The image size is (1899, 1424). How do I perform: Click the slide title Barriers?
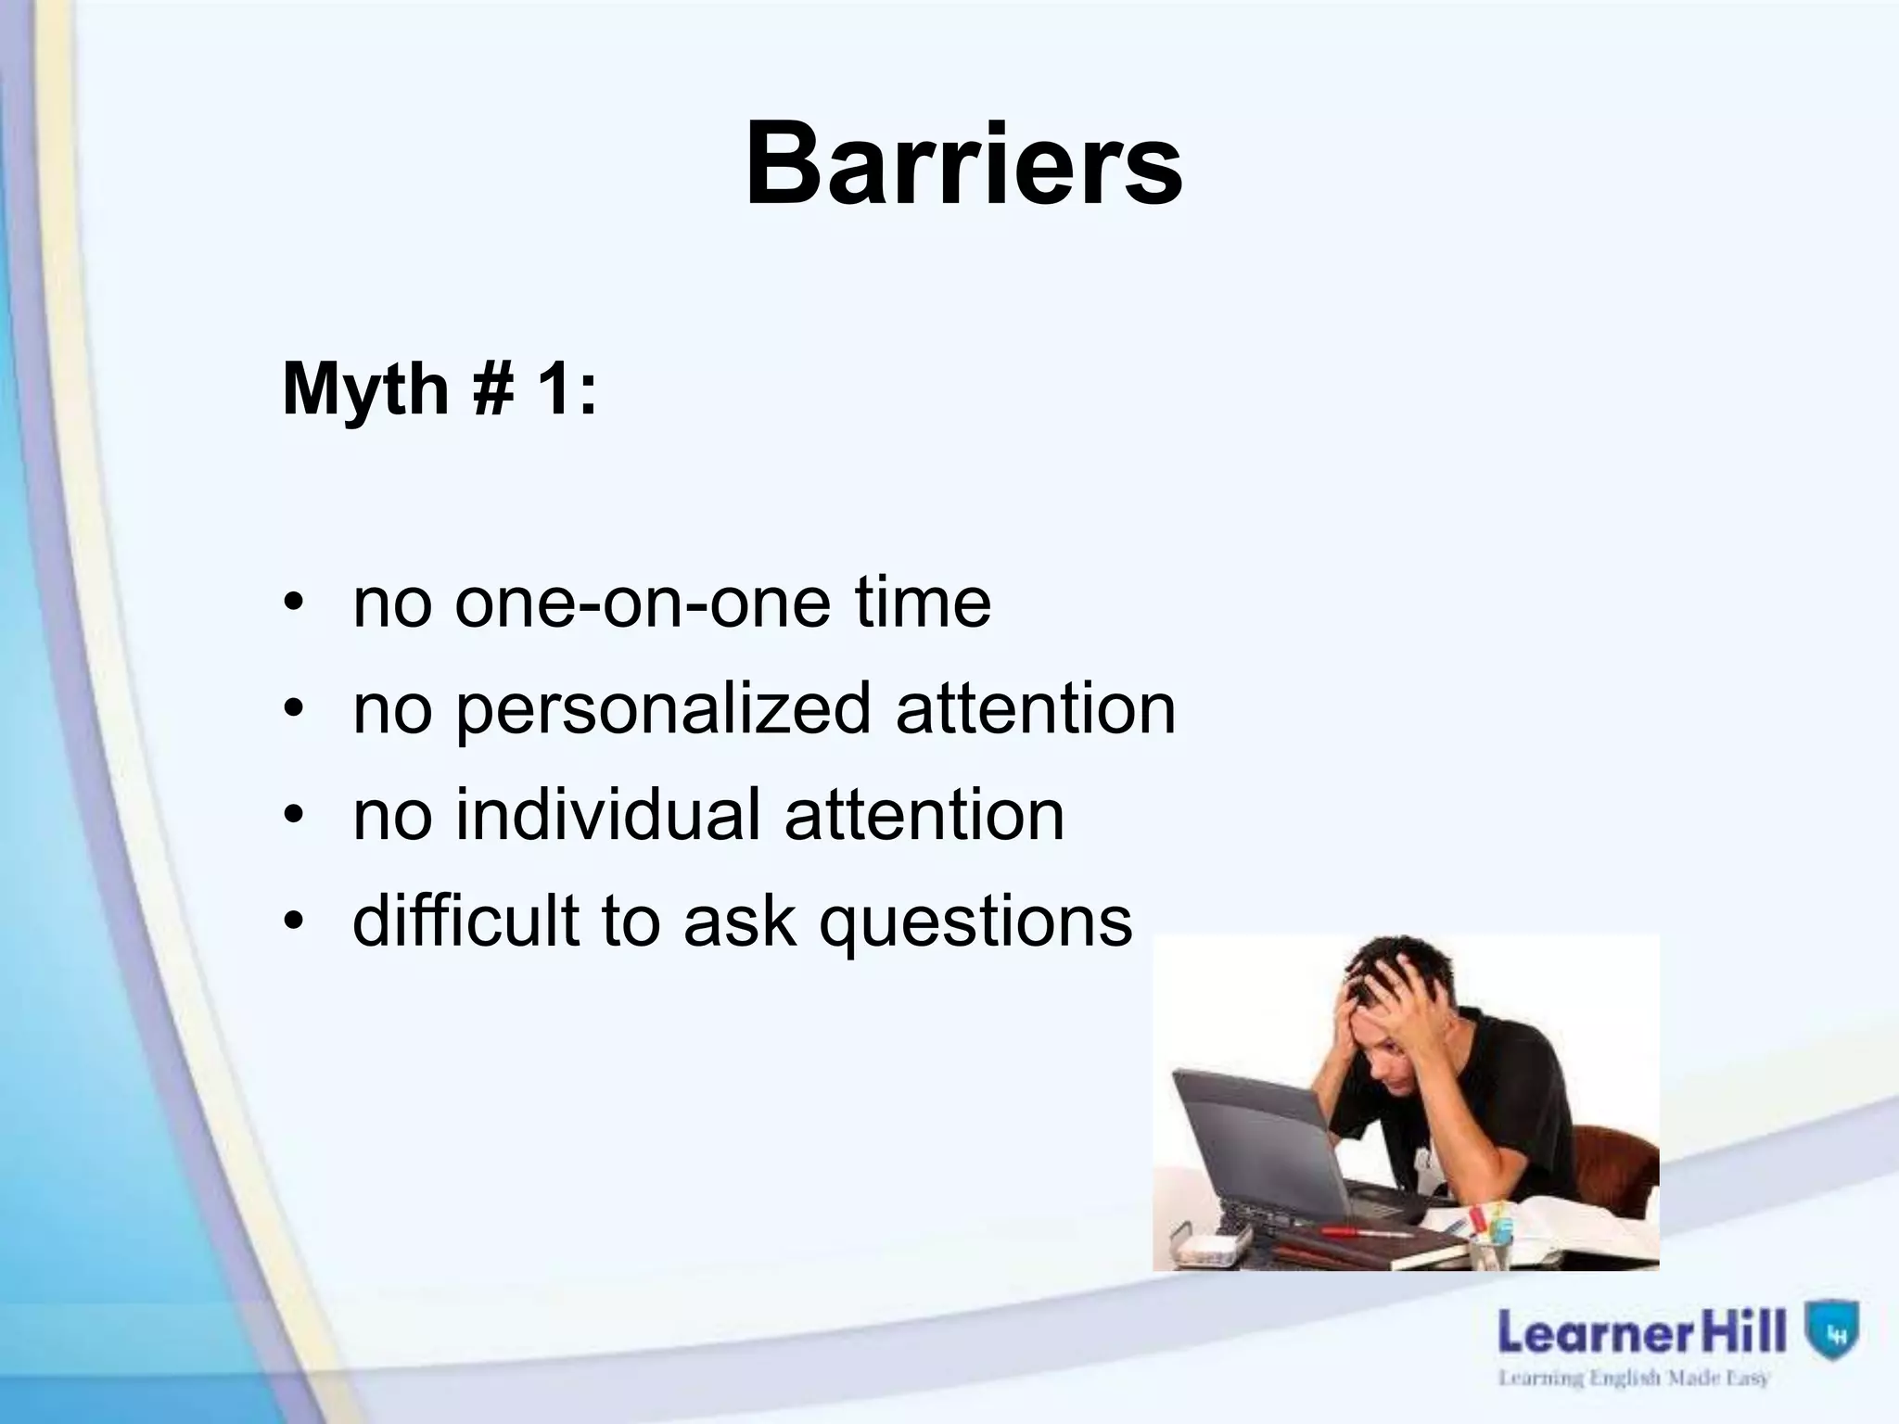pos(963,165)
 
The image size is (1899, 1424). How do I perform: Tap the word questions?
pos(975,923)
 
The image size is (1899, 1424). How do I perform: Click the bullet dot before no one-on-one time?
pos(294,605)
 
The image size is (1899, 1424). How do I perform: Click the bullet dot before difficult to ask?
pos(294,922)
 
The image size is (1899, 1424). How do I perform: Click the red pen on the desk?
pos(1363,1232)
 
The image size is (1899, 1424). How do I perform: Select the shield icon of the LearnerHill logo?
pos(1832,1330)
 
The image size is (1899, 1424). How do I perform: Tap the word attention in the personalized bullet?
pos(1036,709)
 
